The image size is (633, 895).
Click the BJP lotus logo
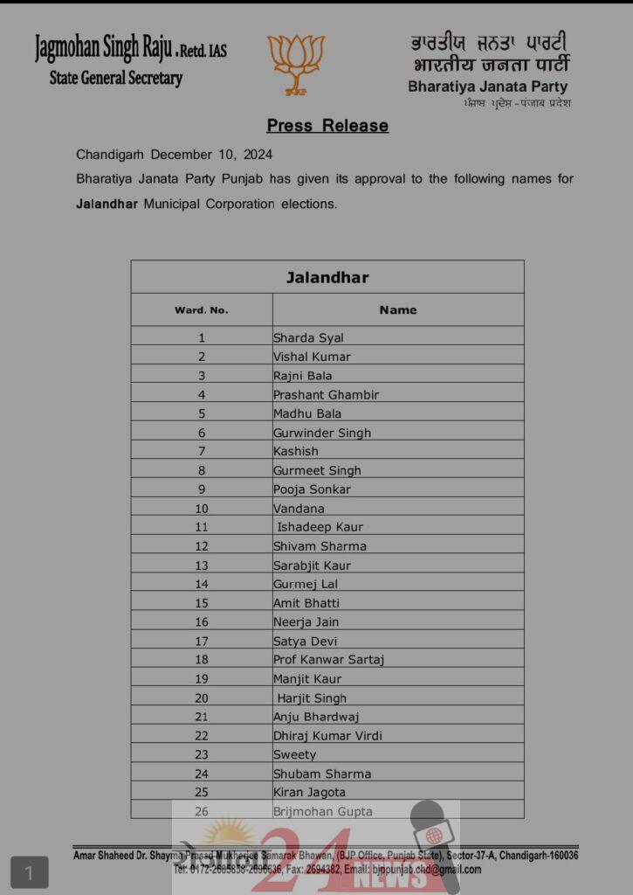pos(296,63)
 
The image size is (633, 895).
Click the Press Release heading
pos(327,126)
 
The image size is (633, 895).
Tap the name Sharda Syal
pos(308,337)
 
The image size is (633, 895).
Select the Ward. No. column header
pos(201,310)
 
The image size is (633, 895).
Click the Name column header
pos(397,310)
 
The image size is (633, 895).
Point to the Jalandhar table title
pos(327,278)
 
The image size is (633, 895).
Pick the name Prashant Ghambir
pos(326,394)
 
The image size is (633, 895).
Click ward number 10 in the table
pos(202,509)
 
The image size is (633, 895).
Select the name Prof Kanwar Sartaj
pos(328,660)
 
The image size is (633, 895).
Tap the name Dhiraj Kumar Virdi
pos(327,736)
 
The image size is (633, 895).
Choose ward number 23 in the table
pos(202,755)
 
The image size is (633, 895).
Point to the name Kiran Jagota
pos(309,793)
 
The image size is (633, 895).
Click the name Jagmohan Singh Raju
pos(103,47)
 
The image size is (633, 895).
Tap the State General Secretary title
pos(116,78)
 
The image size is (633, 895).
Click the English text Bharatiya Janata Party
pos(487,87)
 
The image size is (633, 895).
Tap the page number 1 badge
pos(29,872)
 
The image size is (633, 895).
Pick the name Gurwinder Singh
pos(321,433)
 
